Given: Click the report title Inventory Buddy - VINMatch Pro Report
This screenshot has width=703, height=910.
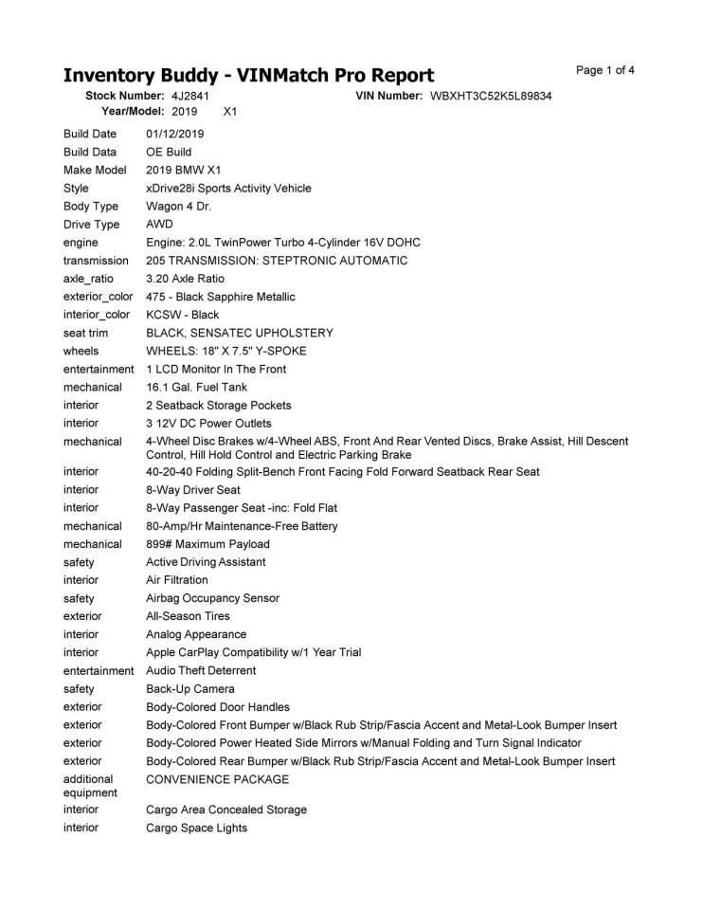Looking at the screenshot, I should coord(248,75).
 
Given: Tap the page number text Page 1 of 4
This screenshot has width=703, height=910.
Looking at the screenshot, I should coord(604,70).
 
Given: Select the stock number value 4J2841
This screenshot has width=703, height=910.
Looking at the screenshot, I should coord(190,97).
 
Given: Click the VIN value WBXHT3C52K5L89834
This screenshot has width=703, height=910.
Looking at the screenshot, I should coord(491,97).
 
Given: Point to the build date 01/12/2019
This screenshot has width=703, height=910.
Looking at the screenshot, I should coord(175,134).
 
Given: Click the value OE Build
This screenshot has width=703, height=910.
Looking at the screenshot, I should coord(169,152).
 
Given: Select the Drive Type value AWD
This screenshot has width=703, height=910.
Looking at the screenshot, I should coord(159,225).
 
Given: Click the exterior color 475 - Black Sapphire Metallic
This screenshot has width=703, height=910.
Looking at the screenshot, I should coord(221,297).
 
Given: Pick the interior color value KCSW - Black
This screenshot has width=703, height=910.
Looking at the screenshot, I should coord(182,315).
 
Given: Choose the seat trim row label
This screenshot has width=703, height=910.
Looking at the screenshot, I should coord(86,333).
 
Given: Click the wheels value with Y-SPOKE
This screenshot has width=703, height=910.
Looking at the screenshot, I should coord(225,351).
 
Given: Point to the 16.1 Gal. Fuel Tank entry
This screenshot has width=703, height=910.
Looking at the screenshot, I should coord(198,387).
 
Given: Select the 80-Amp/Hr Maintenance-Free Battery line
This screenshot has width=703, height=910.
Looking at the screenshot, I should coord(242,526).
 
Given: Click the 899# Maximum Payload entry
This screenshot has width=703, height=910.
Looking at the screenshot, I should coord(207,544).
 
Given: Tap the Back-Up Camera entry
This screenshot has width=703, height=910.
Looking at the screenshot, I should coord(190,689).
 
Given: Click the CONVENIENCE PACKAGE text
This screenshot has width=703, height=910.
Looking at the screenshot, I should coord(217,779).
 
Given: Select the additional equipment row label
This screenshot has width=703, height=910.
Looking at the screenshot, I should coord(90,786).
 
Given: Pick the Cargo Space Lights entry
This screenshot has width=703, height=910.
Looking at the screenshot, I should coord(196,828).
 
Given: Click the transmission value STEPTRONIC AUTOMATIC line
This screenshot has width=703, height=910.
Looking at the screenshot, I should coord(277,261).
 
